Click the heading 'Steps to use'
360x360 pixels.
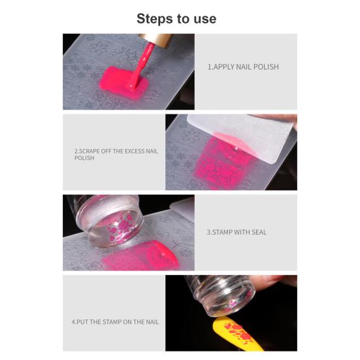(176, 18)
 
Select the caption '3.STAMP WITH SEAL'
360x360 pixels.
(237, 232)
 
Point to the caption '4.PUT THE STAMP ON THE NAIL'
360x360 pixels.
(115, 321)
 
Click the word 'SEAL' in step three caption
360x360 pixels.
(258, 232)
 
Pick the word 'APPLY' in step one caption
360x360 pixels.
(223, 67)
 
